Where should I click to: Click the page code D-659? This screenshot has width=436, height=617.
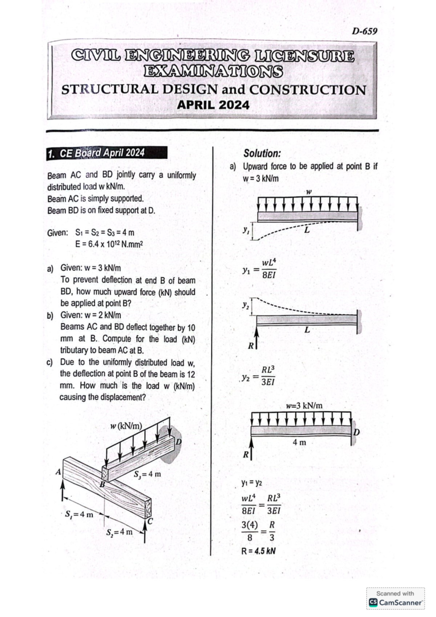364,31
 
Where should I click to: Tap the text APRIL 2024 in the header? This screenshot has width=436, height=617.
213,105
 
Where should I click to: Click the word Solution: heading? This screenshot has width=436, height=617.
262,153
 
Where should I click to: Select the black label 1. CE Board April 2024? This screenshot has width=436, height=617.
107,153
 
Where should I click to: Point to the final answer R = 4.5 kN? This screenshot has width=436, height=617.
258,551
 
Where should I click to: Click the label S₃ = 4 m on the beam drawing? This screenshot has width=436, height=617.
147,474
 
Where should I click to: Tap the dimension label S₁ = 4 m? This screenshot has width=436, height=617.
79,515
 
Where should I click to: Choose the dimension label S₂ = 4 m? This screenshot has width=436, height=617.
120,532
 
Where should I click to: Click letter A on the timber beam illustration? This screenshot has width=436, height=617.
58,472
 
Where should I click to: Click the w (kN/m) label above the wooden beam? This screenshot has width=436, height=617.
126,426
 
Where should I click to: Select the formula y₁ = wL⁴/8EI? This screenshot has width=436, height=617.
259,269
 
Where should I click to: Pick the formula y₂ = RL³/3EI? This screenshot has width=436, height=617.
259,376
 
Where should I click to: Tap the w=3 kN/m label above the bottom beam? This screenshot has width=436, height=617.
304,406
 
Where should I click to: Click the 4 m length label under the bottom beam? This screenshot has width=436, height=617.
299,442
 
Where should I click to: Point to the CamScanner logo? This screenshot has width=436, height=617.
396,602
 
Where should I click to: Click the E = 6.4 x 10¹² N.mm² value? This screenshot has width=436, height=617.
109,244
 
